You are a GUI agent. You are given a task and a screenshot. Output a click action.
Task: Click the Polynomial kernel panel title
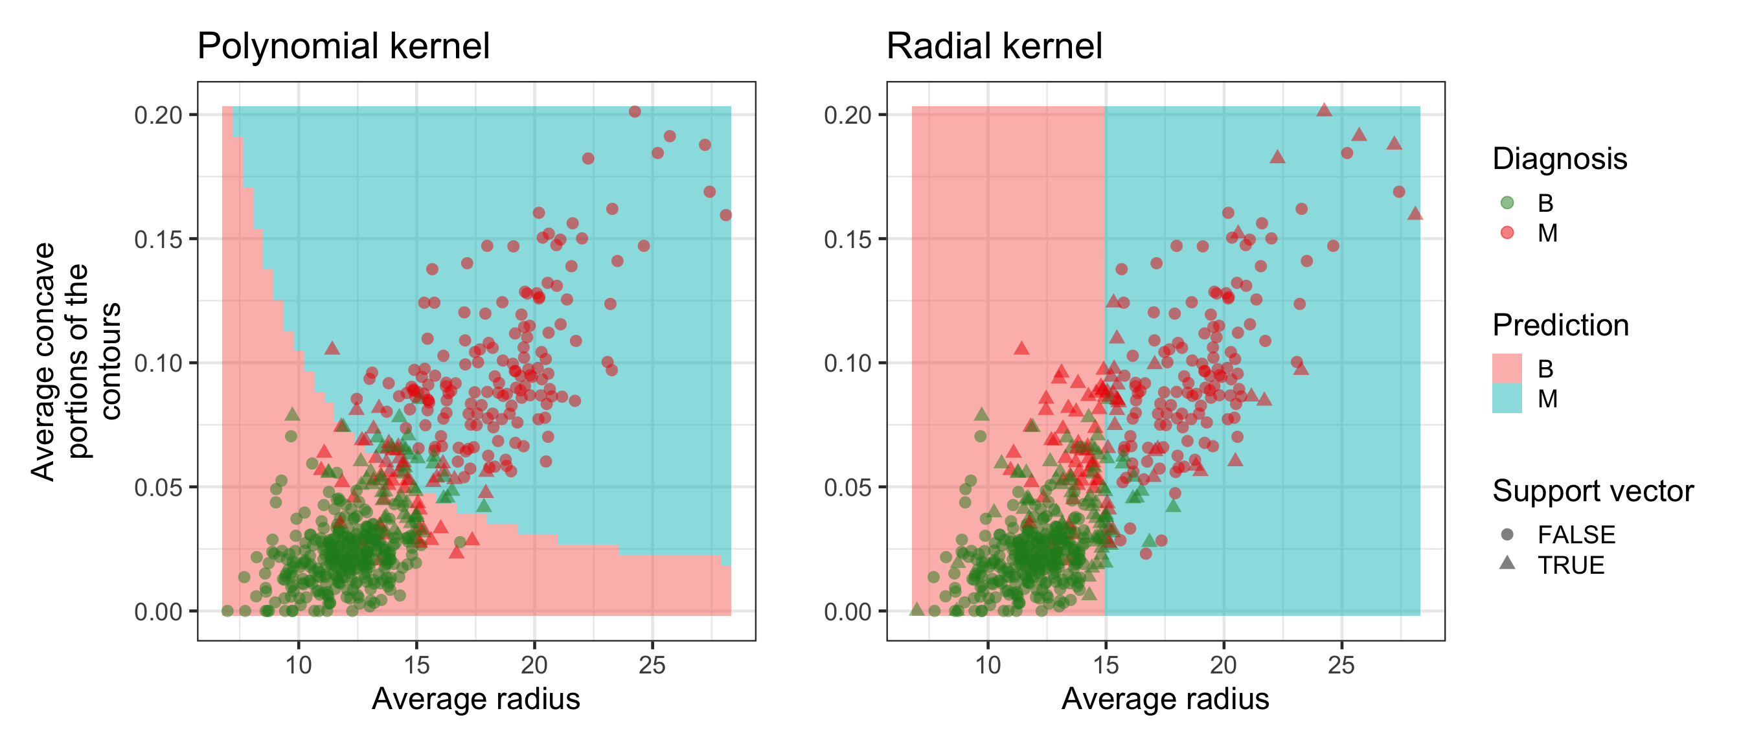coord(343,46)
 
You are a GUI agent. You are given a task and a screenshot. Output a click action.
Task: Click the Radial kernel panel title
coord(994,46)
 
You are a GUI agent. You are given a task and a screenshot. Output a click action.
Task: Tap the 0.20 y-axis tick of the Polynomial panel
coord(159,115)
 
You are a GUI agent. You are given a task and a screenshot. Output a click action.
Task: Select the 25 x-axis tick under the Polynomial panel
coord(652,666)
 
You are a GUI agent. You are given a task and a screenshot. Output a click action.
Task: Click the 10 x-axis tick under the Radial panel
coord(988,666)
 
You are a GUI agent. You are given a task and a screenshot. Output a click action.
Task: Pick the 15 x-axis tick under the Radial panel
coord(1106,666)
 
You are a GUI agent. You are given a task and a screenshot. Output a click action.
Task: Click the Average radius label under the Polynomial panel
coord(476,699)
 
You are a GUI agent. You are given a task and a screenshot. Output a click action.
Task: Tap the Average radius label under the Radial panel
coord(1165,699)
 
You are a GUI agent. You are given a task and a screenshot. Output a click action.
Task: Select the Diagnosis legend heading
coord(1559,159)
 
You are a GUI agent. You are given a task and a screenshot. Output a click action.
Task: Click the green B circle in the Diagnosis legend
coord(1507,203)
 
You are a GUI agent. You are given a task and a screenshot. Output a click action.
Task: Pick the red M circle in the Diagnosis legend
coord(1507,233)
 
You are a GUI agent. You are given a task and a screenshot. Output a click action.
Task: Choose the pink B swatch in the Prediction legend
coord(1507,368)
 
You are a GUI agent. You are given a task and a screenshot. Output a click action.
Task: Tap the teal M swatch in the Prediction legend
coord(1507,399)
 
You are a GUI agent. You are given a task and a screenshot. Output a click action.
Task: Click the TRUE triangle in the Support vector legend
coord(1507,563)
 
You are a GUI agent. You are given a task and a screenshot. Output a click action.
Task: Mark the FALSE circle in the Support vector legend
coord(1507,534)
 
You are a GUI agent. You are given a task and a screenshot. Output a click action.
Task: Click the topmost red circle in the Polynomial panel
coord(635,111)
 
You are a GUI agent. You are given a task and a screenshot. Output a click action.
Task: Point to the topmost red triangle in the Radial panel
coord(1324,110)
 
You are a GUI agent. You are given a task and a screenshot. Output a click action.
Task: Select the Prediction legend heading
coord(1560,325)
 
